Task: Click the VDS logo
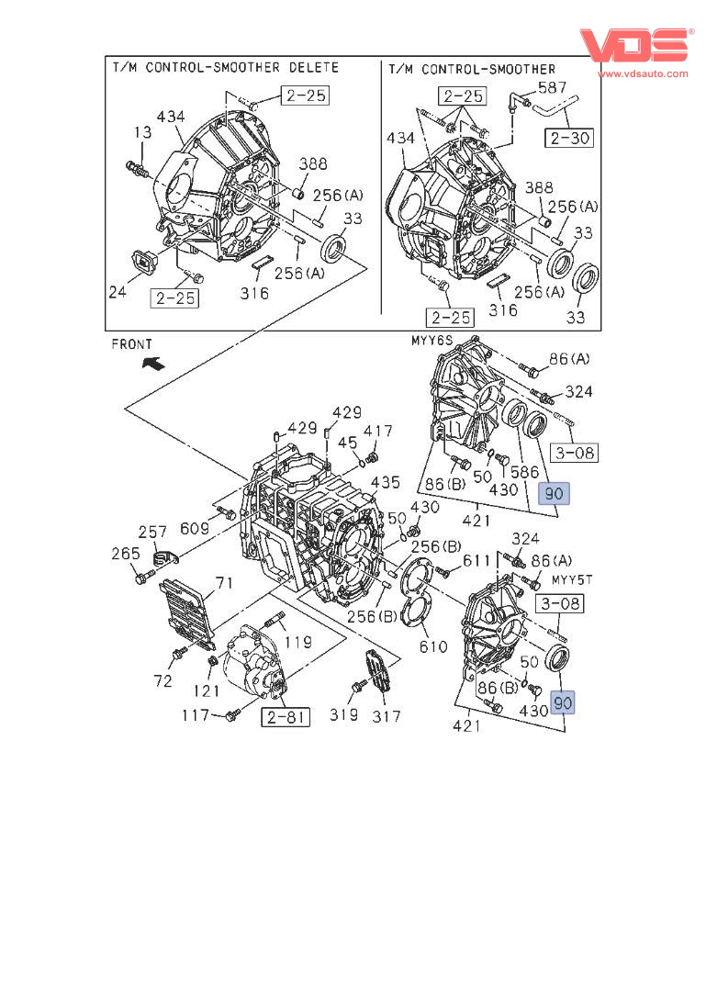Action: click(635, 45)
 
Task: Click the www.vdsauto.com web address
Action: click(643, 73)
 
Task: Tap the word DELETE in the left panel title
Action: click(313, 67)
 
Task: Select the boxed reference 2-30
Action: click(569, 138)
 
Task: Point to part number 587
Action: click(553, 87)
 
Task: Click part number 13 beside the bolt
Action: click(142, 132)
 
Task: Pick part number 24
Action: click(118, 292)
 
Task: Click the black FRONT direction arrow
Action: click(153, 364)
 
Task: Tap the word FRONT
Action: click(132, 344)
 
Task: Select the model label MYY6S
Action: click(431, 341)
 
